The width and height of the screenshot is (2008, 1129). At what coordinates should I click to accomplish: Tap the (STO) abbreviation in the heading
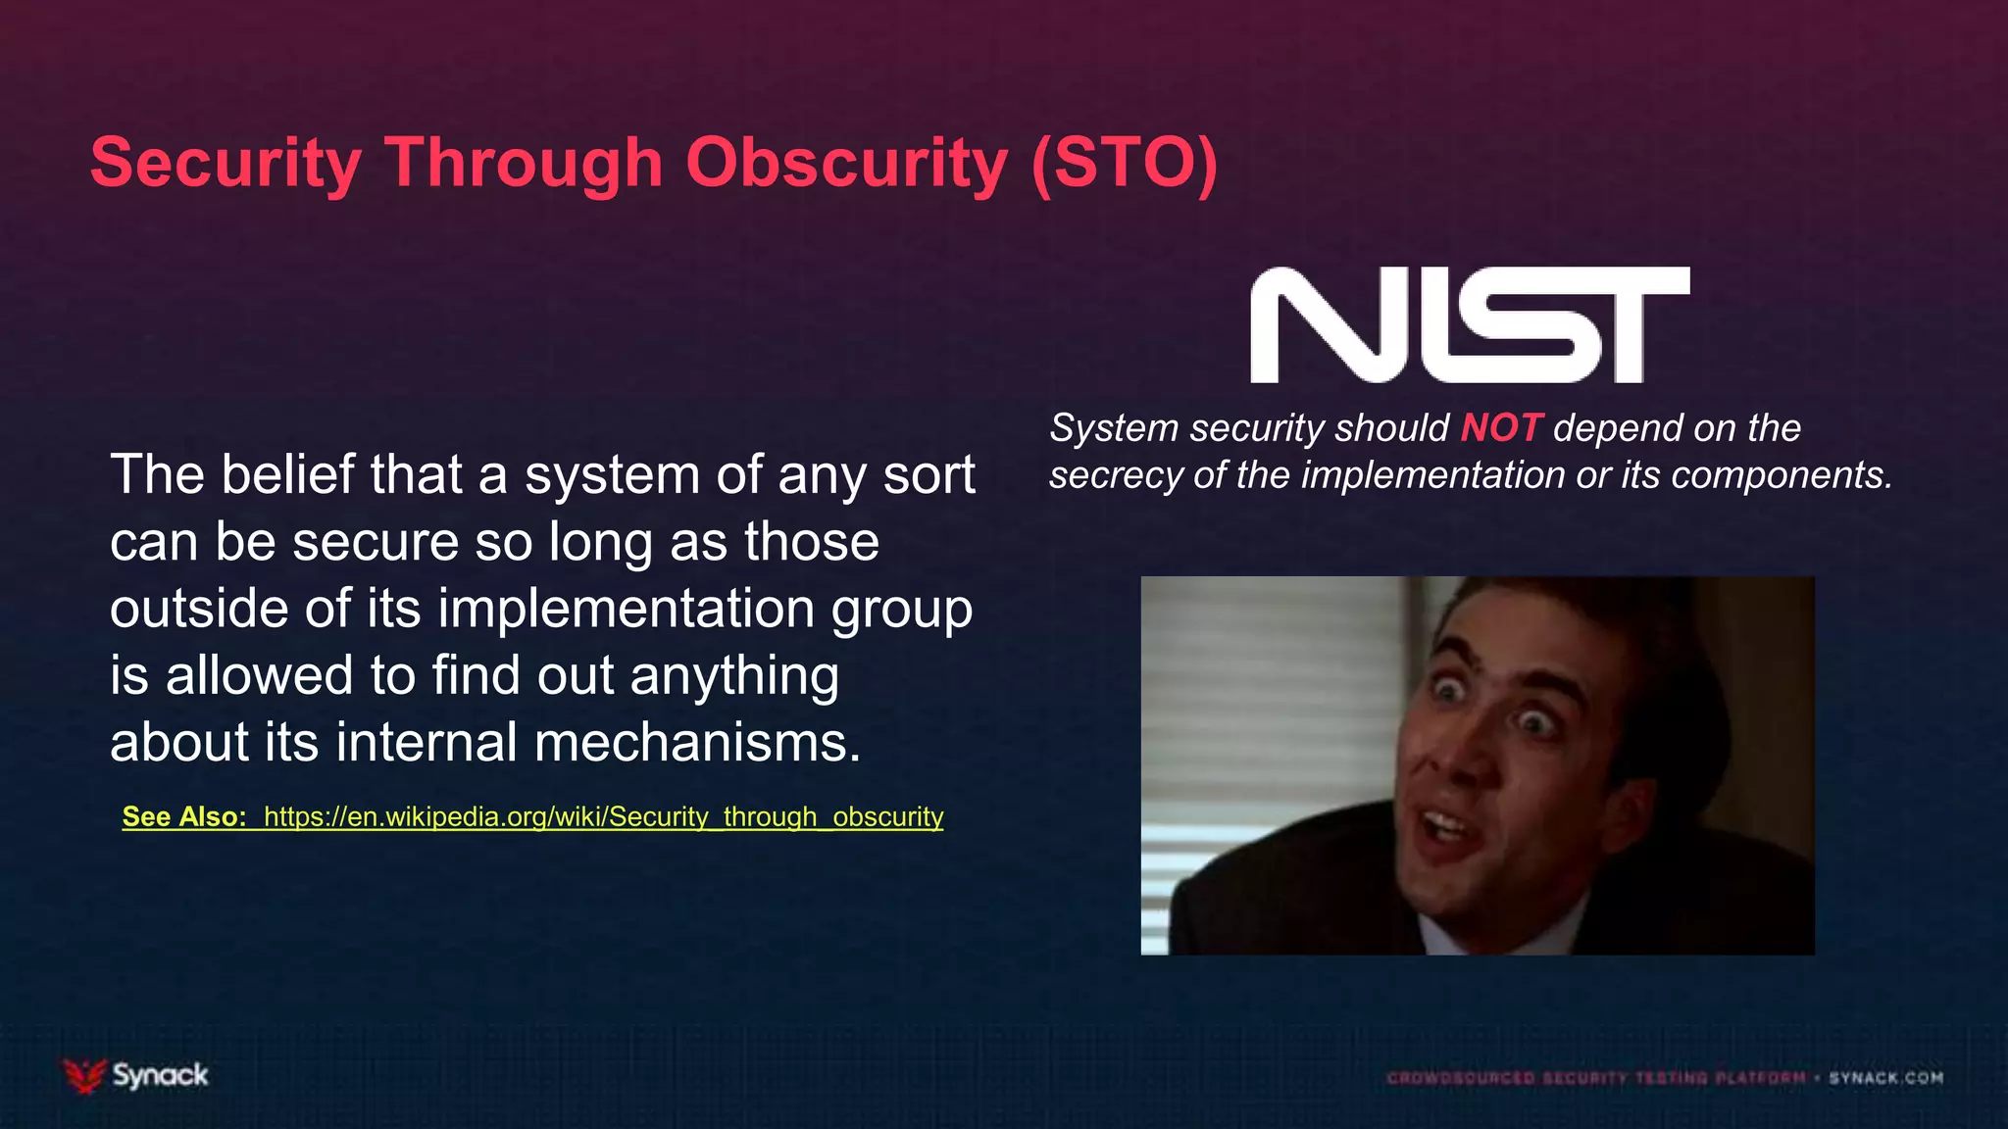pyautogui.click(x=1124, y=163)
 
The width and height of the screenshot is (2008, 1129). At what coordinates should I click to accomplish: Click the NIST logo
pyautogui.click(x=1469, y=324)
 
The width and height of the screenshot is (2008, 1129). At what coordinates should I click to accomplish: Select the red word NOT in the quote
pyautogui.click(x=1500, y=428)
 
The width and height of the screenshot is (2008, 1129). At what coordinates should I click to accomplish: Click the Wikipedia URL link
pyautogui.click(x=603, y=816)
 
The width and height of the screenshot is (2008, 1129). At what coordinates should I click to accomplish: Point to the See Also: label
pyautogui.click(x=183, y=816)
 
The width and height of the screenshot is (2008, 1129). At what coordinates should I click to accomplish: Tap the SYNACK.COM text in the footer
pyautogui.click(x=1884, y=1078)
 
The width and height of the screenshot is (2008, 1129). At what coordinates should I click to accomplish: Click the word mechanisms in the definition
pyautogui.click(x=697, y=742)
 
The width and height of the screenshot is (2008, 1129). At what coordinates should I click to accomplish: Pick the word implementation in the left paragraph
pyautogui.click(x=626, y=609)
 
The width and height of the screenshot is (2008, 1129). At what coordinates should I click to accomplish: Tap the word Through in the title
pyautogui.click(x=525, y=163)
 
